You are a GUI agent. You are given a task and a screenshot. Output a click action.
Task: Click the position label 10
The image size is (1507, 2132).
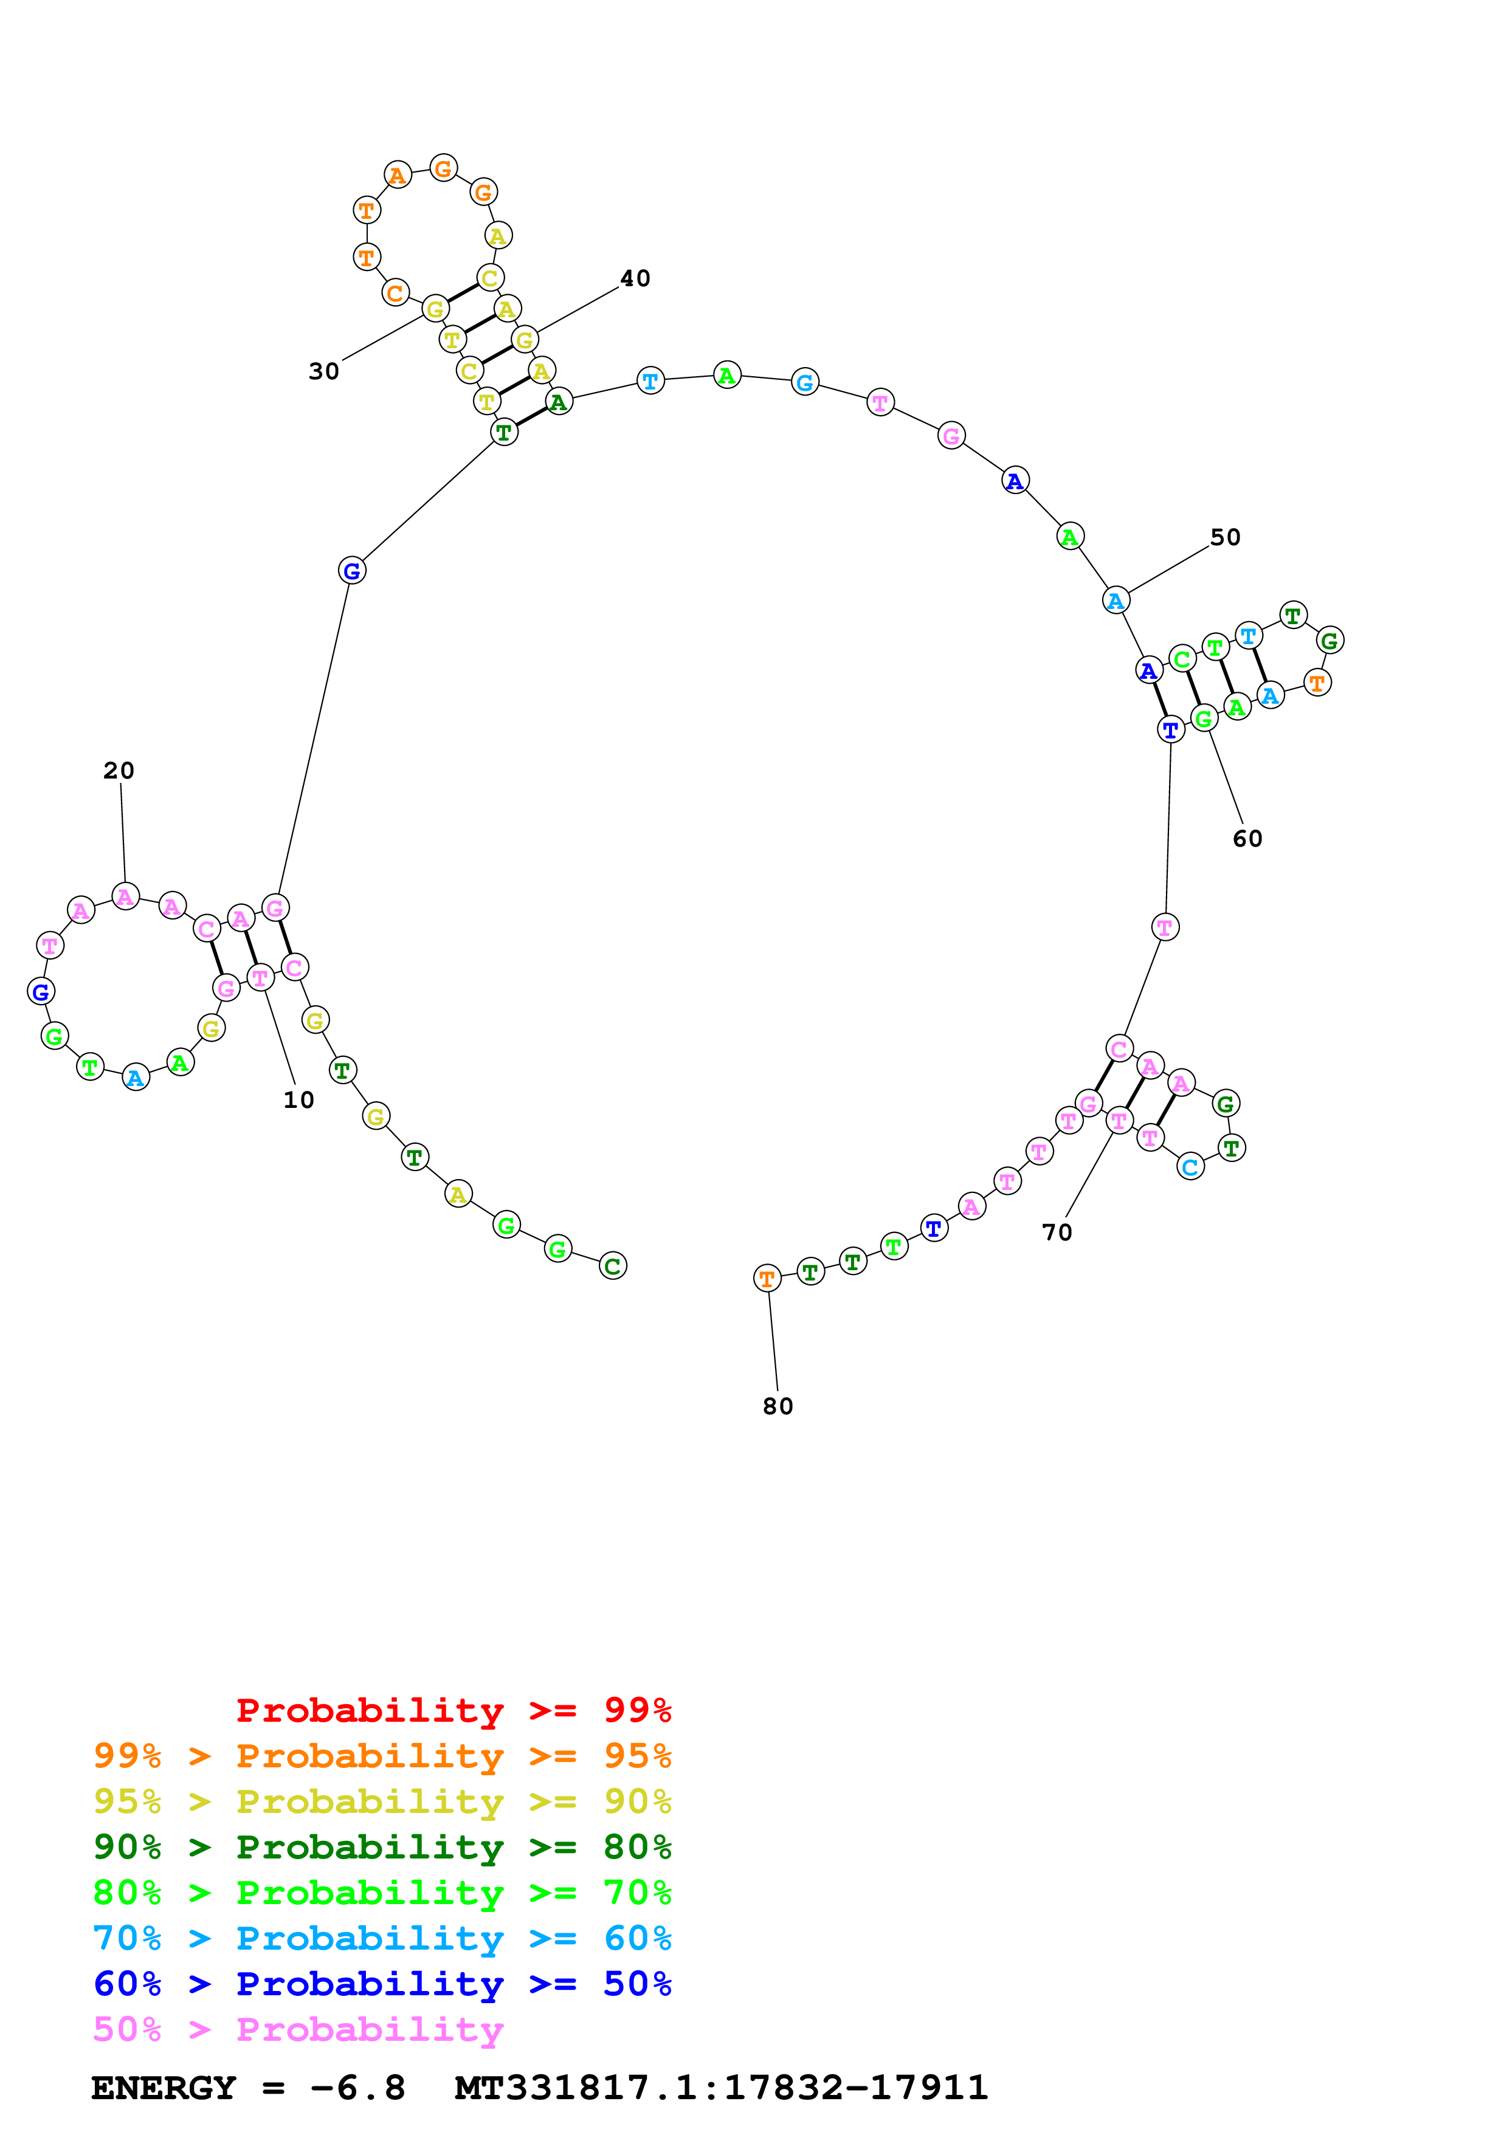(298, 1101)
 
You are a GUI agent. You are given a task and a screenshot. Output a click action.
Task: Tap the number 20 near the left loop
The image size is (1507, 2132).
(119, 771)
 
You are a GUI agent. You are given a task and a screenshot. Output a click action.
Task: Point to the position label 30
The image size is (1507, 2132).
(324, 371)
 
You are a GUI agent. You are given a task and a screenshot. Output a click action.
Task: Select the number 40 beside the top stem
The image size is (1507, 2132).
(635, 278)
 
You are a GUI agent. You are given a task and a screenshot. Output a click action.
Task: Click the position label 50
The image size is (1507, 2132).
(1225, 538)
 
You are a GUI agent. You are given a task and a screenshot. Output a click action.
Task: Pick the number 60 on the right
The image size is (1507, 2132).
(1247, 839)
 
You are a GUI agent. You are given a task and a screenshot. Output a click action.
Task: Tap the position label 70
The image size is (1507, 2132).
(1057, 1233)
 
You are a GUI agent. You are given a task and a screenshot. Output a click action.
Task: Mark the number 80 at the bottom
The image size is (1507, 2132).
(778, 1407)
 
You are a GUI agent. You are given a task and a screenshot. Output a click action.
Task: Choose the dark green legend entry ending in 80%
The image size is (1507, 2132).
(382, 1848)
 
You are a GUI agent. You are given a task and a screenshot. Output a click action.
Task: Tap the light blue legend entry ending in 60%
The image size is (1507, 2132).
(382, 1939)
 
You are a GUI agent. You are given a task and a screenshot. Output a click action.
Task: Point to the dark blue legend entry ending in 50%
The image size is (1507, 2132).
(382, 1984)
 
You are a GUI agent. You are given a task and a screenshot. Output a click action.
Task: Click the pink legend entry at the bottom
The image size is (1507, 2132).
(298, 2030)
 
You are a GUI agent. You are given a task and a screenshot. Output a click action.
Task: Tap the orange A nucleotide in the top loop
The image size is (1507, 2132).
(398, 176)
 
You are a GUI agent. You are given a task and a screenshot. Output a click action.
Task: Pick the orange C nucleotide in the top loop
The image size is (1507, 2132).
(395, 294)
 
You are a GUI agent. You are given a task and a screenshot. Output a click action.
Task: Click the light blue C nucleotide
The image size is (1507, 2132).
(1190, 1167)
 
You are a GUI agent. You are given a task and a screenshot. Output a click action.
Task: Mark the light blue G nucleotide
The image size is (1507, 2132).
(805, 382)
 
